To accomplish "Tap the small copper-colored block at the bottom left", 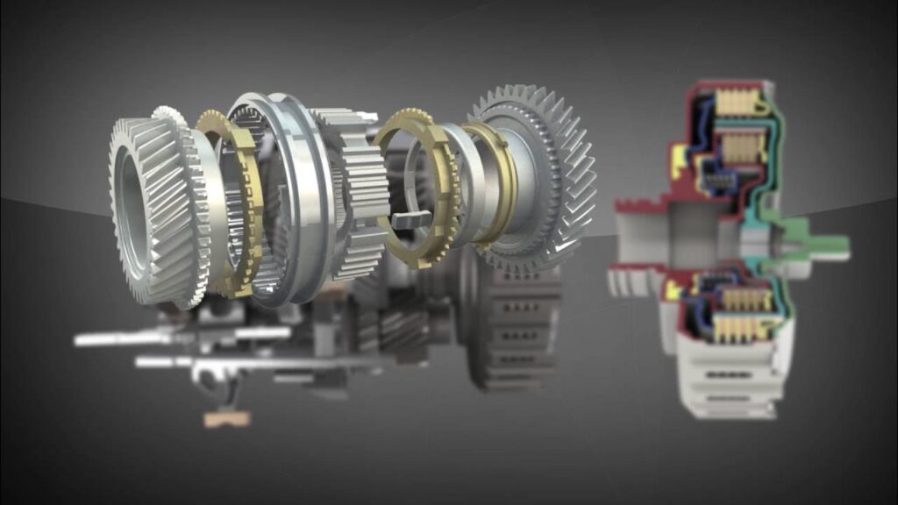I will coord(226,419).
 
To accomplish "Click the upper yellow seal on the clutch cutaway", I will coord(678,158).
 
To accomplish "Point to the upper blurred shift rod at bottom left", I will coord(175,336).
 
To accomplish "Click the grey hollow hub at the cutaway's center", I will coord(666,241).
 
